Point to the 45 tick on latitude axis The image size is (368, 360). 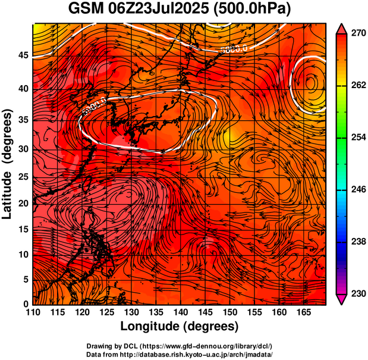[22, 56]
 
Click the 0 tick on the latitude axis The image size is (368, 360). [26, 304]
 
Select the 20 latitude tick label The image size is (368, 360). [22, 203]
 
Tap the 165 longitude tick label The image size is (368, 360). [302, 312]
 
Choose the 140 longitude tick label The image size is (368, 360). [180, 312]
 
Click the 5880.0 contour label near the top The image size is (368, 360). [233, 50]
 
